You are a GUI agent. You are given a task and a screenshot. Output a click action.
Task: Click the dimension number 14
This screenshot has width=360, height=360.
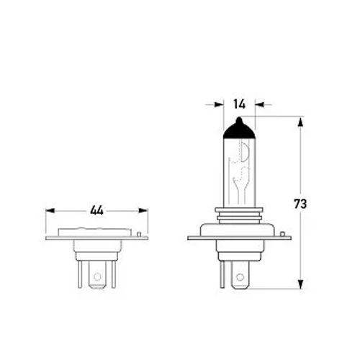239,104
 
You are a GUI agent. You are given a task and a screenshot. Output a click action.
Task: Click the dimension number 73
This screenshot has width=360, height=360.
300,204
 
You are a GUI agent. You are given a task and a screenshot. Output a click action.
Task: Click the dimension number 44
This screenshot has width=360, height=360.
96,210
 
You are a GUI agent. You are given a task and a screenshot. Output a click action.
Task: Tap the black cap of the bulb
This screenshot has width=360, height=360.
239,129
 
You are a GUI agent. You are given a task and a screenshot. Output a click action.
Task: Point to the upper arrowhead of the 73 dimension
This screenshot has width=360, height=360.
300,122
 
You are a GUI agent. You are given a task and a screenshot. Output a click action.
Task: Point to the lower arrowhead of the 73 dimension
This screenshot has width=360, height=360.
300,284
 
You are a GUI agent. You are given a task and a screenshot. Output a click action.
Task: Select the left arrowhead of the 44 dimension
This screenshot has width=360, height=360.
50,210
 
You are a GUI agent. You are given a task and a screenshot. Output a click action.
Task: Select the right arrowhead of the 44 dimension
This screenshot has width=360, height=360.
143,210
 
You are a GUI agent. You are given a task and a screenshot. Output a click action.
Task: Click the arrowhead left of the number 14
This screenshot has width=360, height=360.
219,104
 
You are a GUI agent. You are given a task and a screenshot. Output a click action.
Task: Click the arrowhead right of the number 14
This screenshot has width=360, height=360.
259,104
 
